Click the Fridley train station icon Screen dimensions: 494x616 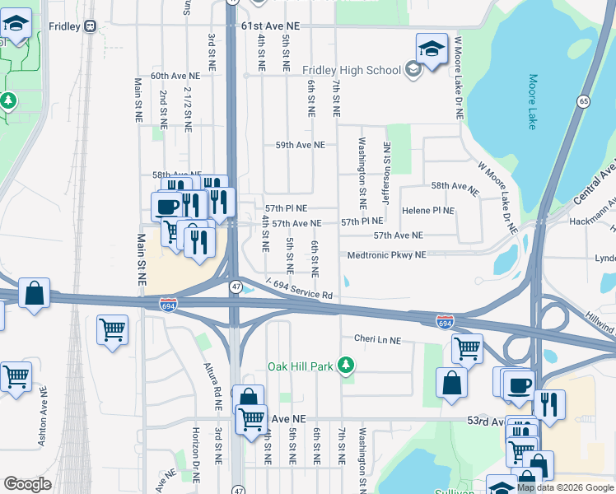[90, 26]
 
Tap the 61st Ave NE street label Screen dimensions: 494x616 [271, 26]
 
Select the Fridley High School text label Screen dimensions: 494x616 [352, 70]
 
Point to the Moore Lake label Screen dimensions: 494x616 [532, 102]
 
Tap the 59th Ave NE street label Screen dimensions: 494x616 [300, 145]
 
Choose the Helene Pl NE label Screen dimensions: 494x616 [427, 211]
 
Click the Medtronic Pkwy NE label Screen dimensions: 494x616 [386, 255]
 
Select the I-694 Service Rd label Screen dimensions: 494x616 [298, 289]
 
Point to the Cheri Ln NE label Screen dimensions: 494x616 [376, 339]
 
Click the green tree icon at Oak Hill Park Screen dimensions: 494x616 [348, 364]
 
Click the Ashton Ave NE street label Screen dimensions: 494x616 [41, 421]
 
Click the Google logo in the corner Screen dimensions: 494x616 [28, 484]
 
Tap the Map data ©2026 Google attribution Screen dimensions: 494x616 [565, 487]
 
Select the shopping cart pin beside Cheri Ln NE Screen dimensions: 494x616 [467, 348]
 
